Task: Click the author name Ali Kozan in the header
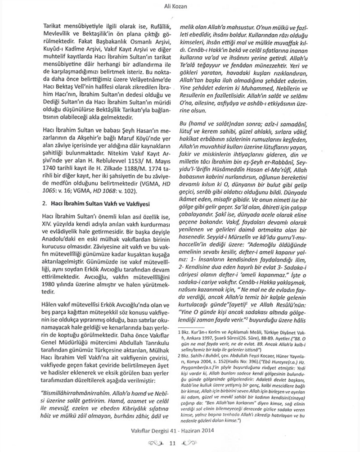tap(180, 5)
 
